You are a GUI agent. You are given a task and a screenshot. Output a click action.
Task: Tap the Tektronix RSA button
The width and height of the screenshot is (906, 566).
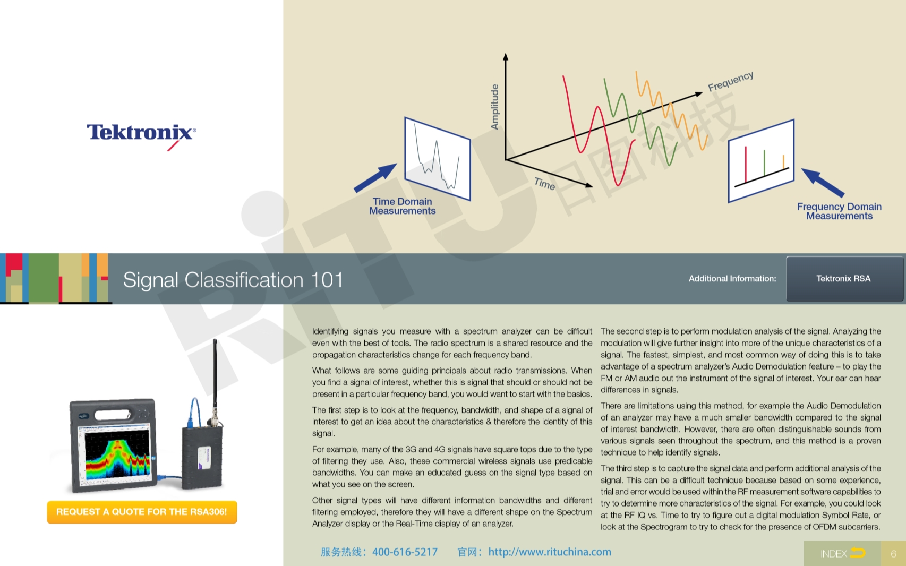844,279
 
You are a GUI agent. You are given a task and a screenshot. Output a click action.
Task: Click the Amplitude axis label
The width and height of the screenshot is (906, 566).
494,107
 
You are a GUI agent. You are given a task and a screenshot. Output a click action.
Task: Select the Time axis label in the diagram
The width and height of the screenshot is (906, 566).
544,184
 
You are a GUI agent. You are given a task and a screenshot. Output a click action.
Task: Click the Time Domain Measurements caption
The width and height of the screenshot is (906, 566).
403,206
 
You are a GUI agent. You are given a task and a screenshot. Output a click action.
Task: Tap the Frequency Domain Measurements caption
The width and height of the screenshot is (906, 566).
839,211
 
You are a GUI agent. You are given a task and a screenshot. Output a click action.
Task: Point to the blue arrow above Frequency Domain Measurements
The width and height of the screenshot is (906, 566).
822,182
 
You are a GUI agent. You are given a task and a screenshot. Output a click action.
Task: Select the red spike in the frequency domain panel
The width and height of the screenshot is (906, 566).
746,165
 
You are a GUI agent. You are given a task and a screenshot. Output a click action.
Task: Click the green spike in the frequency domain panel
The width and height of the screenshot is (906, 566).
764,163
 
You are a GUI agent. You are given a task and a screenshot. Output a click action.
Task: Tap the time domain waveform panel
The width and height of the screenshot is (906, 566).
438,158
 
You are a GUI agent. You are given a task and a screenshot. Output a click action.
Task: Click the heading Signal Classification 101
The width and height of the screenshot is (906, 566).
233,280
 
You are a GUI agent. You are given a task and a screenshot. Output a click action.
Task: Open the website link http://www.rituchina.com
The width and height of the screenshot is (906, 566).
550,552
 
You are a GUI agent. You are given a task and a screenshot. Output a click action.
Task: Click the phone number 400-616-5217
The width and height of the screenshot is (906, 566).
405,552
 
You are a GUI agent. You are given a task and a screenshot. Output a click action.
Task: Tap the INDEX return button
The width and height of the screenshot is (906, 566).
842,553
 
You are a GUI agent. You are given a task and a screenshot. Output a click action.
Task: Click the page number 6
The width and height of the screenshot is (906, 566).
893,553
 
